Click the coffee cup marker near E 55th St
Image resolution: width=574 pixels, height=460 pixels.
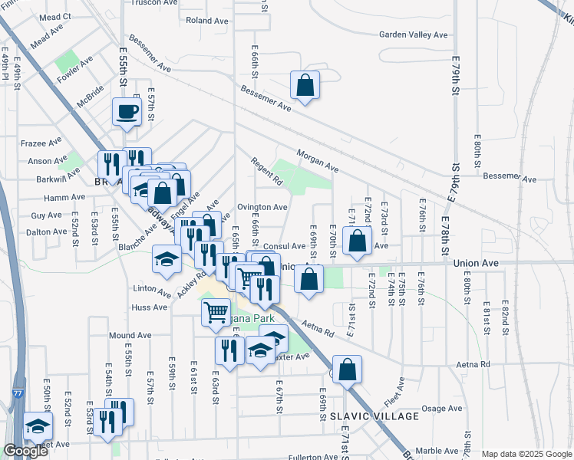pyautogui.click(x=127, y=111)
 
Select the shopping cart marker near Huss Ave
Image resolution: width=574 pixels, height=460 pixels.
pyautogui.click(x=216, y=312)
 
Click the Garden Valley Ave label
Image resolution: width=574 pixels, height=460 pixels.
pyautogui.click(x=414, y=34)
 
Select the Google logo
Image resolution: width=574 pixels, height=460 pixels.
pyautogui.click(x=25, y=451)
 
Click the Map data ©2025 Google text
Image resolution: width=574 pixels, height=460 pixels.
pyautogui.click(x=526, y=454)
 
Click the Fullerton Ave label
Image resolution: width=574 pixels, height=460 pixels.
pyautogui.click(x=312, y=457)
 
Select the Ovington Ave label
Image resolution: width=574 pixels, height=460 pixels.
pyautogui.click(x=262, y=207)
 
